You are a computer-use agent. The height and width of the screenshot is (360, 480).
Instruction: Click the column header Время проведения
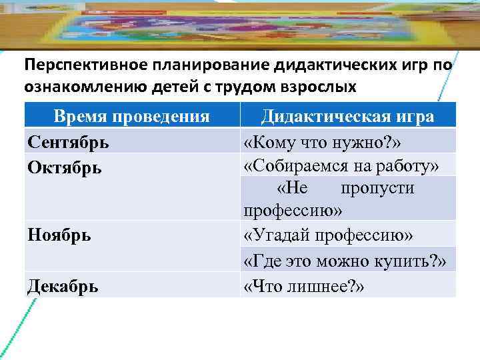tap(131, 116)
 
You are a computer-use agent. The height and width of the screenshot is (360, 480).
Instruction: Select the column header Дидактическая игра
tap(347, 116)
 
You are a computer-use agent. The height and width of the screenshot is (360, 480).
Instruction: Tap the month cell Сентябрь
tap(69, 141)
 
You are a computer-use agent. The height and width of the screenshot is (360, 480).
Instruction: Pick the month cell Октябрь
tap(65, 166)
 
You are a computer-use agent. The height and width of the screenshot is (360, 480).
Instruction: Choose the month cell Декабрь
tap(63, 286)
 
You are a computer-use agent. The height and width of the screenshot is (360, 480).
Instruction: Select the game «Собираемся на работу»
tap(341, 165)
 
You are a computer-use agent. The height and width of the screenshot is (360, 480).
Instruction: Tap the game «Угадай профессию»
tap(329, 235)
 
